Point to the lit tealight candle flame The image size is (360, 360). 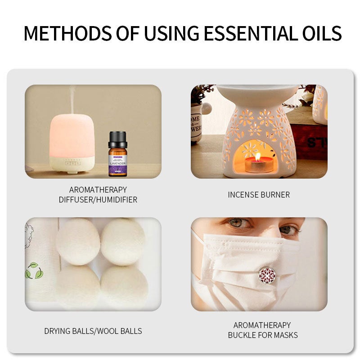point(258,157)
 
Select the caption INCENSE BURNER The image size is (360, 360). point(259,195)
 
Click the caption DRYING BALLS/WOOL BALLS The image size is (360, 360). point(93,331)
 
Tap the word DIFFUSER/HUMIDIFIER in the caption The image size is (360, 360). point(98,199)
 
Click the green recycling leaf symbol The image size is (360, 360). point(34,270)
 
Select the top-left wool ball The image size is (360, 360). point(78,242)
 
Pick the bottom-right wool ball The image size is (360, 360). point(124,287)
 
